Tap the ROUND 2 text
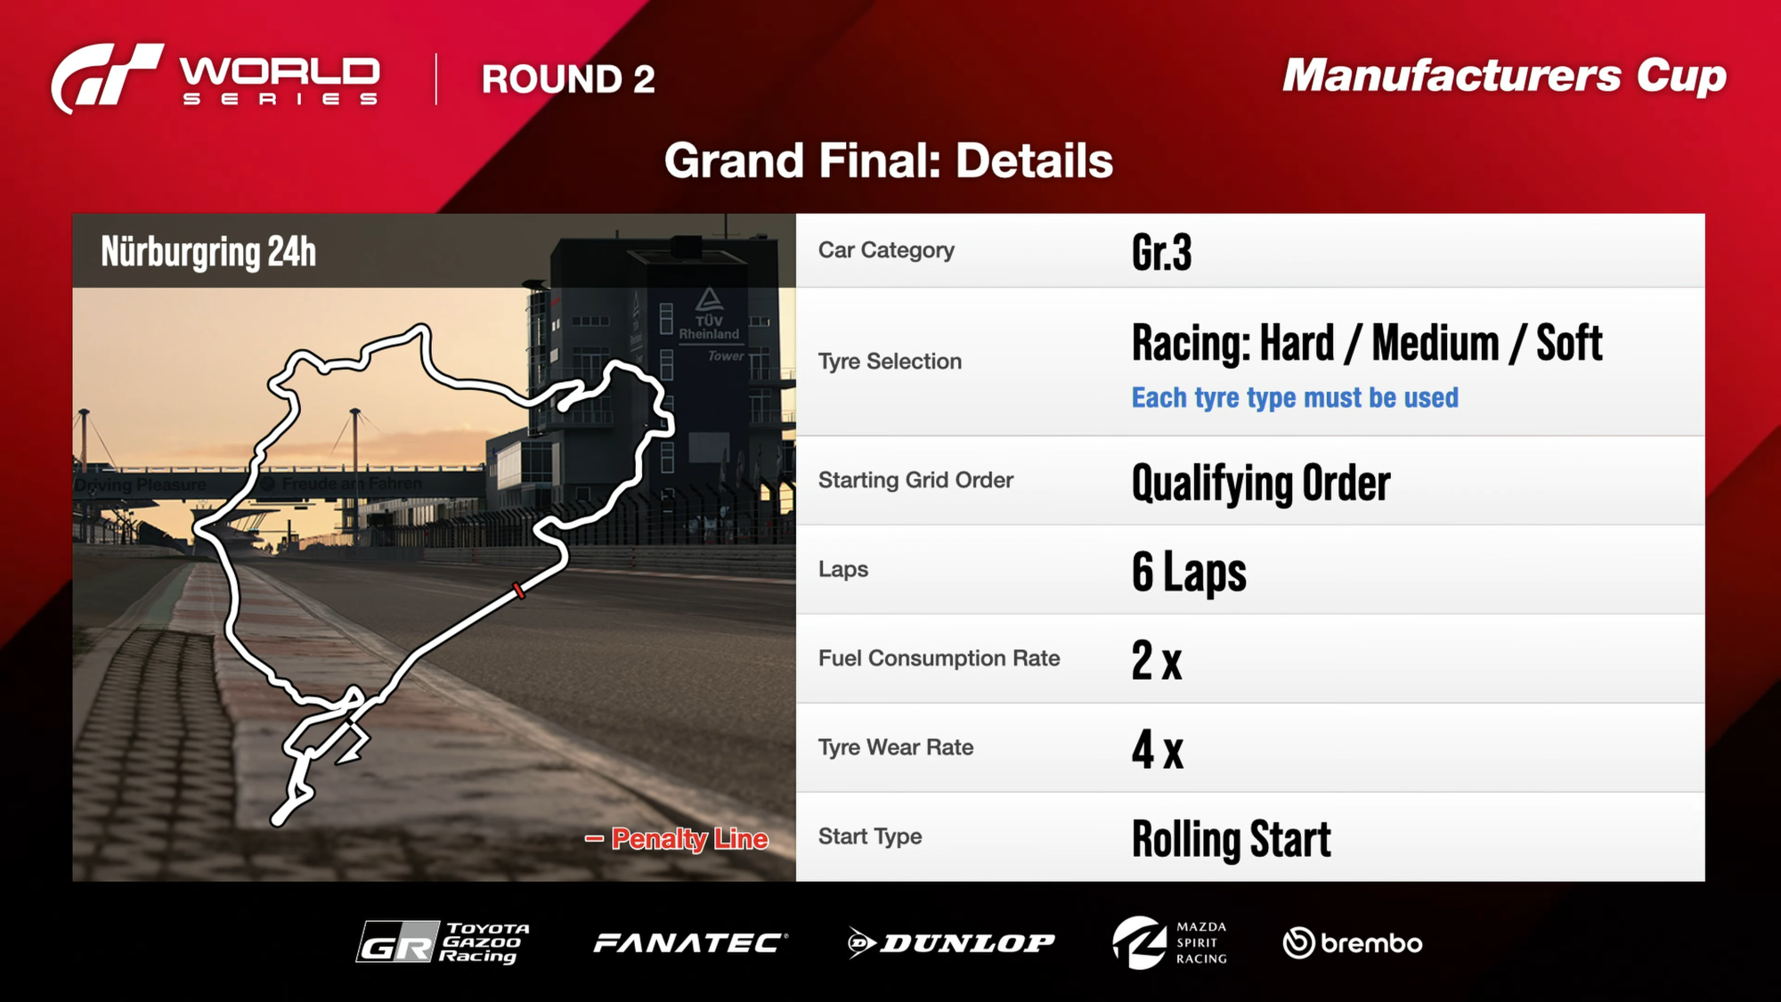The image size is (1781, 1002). [x=568, y=79]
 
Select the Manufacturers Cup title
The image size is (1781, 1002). [x=1504, y=77]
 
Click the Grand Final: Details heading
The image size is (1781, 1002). [x=889, y=161]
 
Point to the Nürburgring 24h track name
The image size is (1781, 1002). [x=208, y=252]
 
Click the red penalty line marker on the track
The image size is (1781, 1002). [x=518, y=591]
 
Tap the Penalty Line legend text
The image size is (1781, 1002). [x=689, y=838]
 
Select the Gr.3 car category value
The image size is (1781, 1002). [x=1161, y=252]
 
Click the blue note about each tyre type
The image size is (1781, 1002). [x=1295, y=397]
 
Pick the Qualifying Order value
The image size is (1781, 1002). [x=1260, y=483]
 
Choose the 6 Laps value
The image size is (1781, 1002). [x=1189, y=572]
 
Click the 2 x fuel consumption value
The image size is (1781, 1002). [x=1157, y=660]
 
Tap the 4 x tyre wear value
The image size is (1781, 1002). [x=1158, y=749]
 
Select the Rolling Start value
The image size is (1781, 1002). [x=1232, y=839]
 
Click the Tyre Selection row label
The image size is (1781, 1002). [x=890, y=362]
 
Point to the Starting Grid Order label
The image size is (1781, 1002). [x=915, y=480]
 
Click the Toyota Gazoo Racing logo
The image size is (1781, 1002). [x=443, y=942]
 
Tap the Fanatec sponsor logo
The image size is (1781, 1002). [x=691, y=943]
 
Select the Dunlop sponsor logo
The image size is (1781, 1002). [x=951, y=943]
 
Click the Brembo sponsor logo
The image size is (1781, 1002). [x=1353, y=943]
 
